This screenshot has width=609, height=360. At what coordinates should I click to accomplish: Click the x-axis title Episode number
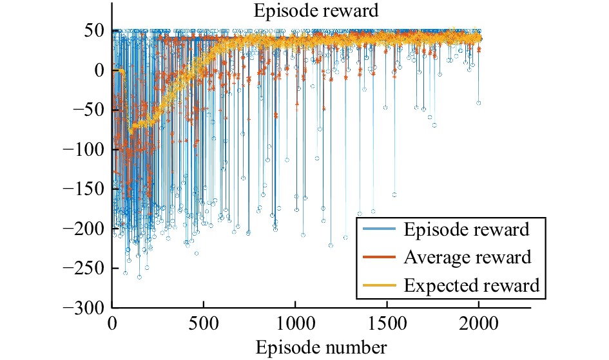(x=322, y=348)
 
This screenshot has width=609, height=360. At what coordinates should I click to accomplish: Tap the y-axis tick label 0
(x=99, y=71)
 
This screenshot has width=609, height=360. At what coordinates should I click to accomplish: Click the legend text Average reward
(x=468, y=258)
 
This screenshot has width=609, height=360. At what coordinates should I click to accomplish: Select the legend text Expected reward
(x=471, y=285)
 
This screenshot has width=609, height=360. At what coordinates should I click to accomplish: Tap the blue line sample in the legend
(x=379, y=230)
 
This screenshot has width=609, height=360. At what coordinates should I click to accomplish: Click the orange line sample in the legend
(x=379, y=258)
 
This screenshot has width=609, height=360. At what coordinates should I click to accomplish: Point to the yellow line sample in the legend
(x=379, y=285)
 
